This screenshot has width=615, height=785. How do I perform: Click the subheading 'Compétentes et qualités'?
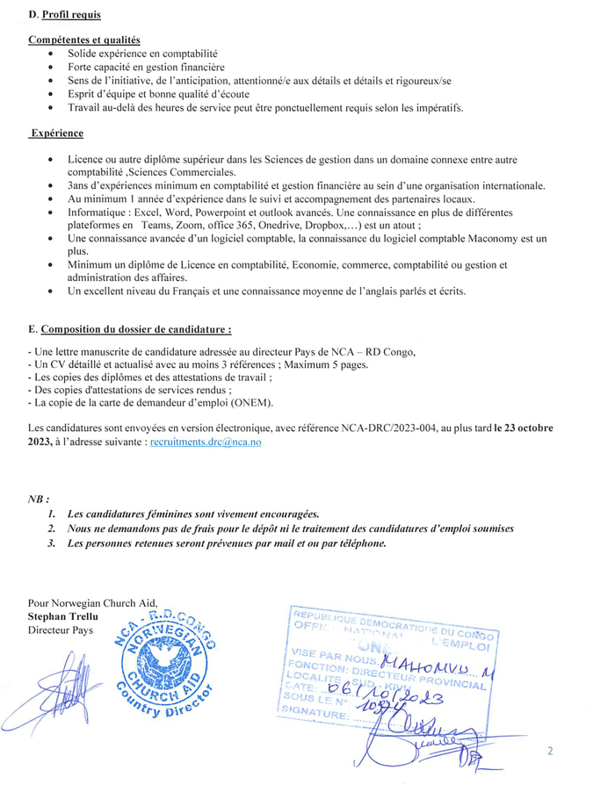[83, 40]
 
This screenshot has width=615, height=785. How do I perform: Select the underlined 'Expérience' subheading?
[57, 133]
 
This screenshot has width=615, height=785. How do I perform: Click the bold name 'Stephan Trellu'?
[64, 616]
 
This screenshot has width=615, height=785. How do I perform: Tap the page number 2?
[550, 752]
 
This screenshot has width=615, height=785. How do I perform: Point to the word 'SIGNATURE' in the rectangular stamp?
[314, 717]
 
